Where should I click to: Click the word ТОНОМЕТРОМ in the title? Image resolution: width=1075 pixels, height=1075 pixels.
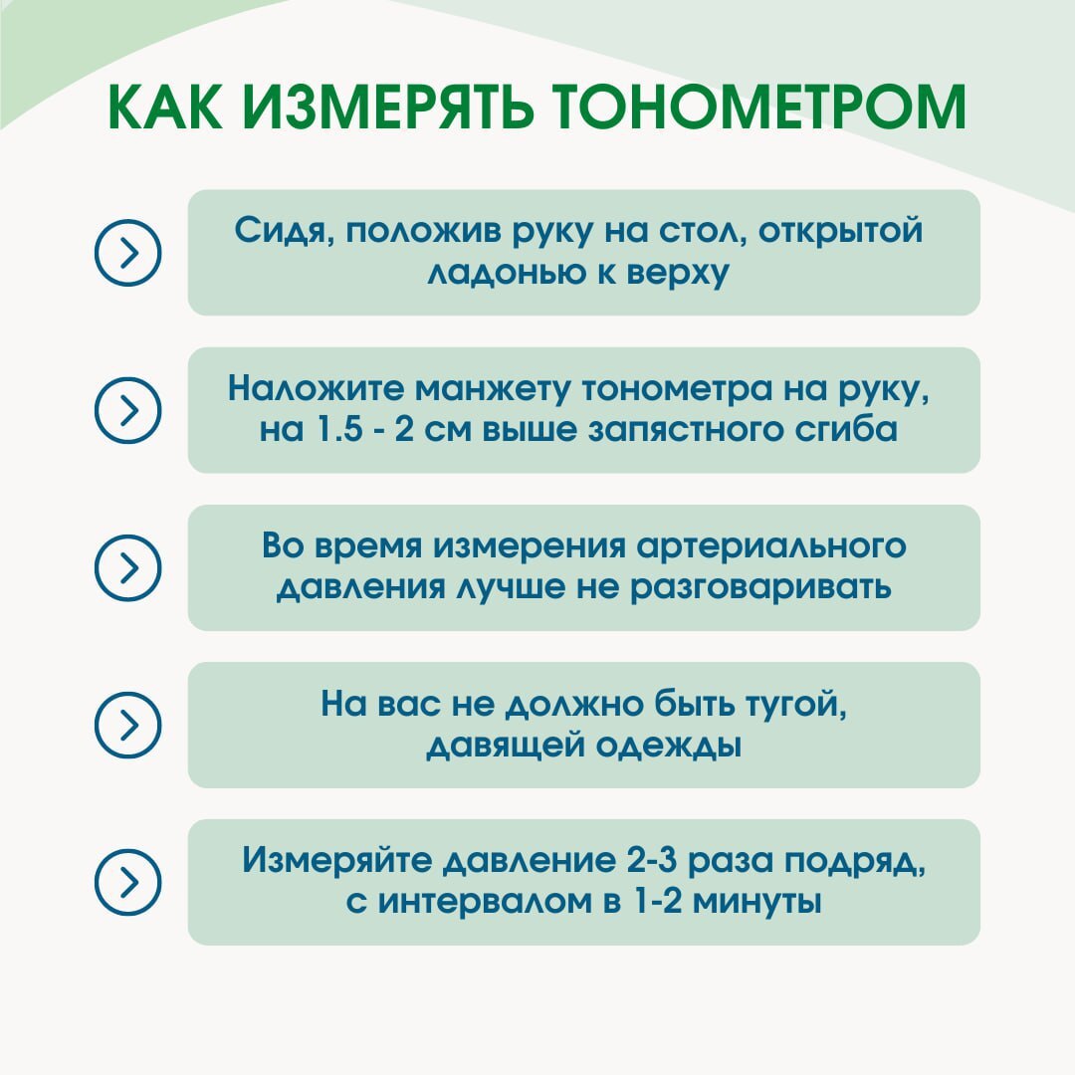pos(758,107)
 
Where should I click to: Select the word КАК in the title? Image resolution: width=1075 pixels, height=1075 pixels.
pos(165,107)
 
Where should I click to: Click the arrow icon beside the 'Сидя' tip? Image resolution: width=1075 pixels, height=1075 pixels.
pos(127,252)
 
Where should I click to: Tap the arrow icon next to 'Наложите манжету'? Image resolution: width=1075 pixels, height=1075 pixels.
pos(127,410)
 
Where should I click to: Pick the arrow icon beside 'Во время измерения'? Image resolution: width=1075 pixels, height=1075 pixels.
pos(127,567)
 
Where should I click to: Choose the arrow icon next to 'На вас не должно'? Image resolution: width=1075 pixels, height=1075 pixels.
pos(127,725)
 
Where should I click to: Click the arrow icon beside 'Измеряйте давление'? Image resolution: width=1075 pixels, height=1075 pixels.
pos(127,882)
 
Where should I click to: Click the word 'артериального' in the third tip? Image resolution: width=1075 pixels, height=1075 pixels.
pos(771,547)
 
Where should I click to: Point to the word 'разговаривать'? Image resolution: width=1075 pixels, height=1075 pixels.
pos(760,588)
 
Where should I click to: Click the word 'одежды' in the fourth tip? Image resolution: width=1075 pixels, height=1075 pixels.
pos(669,746)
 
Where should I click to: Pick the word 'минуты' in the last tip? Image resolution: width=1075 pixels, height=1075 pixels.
pos(756,902)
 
